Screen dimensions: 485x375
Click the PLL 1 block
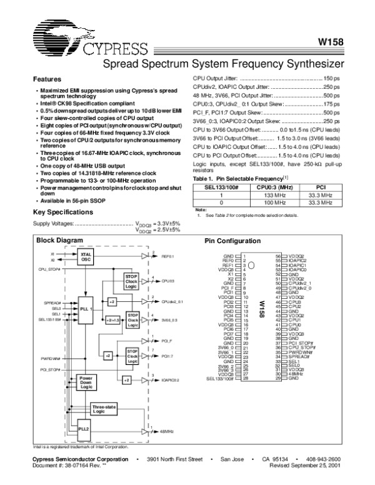pyautogui.click(x=86, y=309)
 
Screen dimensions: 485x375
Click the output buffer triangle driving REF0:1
pyautogui.click(x=146, y=256)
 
